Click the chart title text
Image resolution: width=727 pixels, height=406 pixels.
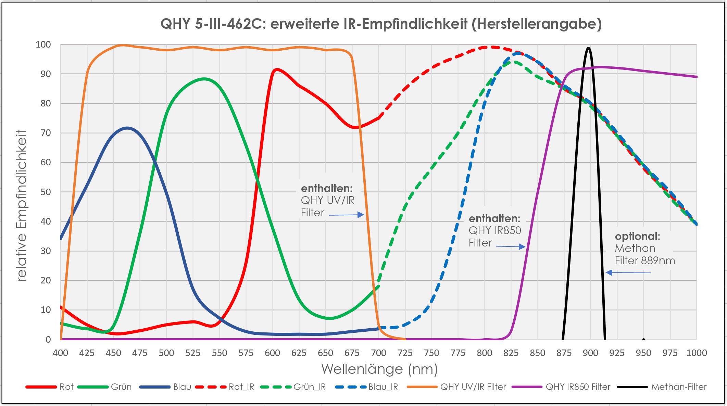tap(381, 24)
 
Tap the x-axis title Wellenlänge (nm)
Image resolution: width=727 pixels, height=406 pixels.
tap(379, 369)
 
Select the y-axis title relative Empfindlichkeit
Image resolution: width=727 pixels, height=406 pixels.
tap(22, 205)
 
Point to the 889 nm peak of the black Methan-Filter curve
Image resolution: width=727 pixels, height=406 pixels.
tap(588, 48)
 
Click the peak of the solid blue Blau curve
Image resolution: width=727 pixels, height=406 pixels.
tap(127, 128)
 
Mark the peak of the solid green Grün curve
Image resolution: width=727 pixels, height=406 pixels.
tap(204, 79)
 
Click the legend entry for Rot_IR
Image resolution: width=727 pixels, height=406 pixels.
tap(225, 387)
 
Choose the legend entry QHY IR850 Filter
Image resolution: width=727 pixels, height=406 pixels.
tap(561, 387)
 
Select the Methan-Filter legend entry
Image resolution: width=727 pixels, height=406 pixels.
tap(662, 387)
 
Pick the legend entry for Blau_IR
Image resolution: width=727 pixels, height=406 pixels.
tap(367, 387)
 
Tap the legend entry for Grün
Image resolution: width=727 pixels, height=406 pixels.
tap(105, 387)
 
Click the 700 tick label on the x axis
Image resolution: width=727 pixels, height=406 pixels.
tap(378, 353)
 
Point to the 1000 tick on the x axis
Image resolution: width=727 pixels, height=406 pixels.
tap(697, 353)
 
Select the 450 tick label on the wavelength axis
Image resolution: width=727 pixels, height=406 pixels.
tap(113, 353)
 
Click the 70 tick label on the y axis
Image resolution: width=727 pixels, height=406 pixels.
tap(46, 133)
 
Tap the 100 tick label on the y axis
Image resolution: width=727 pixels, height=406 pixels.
tap(43, 45)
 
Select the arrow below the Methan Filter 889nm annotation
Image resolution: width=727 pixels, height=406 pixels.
tap(628, 272)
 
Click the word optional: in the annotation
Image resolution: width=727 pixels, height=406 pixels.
tap(637, 236)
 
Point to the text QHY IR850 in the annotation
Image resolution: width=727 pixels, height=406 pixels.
tap(495, 230)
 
